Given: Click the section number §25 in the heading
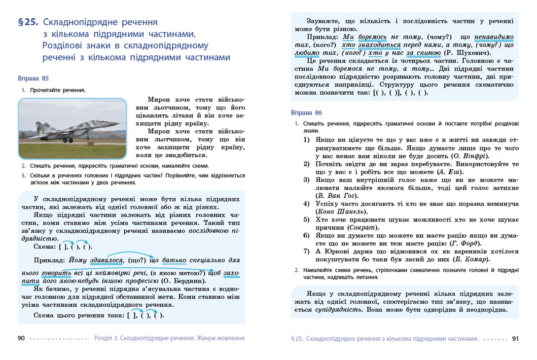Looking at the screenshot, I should [x=28, y=23].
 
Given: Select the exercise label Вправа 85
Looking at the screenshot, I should [x=33, y=78].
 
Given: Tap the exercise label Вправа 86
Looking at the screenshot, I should [x=306, y=113].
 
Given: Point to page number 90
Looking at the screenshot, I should [x=21, y=338].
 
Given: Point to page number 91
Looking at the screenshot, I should [x=515, y=339].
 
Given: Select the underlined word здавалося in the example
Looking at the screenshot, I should [x=107, y=260].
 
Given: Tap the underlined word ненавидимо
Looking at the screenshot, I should [x=494, y=37].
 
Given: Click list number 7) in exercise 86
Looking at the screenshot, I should [x=306, y=252].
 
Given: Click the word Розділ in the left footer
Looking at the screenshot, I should [x=104, y=338].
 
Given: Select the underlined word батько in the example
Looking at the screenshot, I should [x=174, y=260].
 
